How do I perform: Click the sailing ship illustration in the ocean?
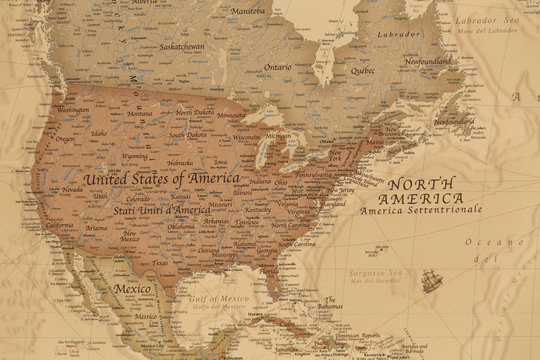[x=432, y=282]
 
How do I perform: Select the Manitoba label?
[x=248, y=11]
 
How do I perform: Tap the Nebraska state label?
[x=180, y=162]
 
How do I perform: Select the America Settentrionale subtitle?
[x=435, y=211]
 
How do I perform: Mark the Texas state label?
[x=160, y=263]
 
